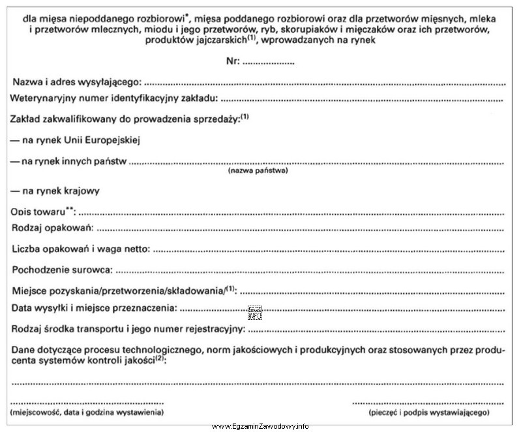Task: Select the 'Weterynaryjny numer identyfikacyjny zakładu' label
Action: click(115, 99)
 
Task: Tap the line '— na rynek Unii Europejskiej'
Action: click(76, 139)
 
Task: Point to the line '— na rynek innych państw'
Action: click(68, 160)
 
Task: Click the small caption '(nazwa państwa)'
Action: click(258, 171)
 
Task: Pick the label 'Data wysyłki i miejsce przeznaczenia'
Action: click(94, 307)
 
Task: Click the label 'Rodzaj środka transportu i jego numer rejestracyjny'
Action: click(128, 328)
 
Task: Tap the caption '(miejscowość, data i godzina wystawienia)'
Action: click(87, 412)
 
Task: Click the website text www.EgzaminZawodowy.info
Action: click(260, 426)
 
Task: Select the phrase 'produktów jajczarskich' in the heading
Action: click(209, 40)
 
